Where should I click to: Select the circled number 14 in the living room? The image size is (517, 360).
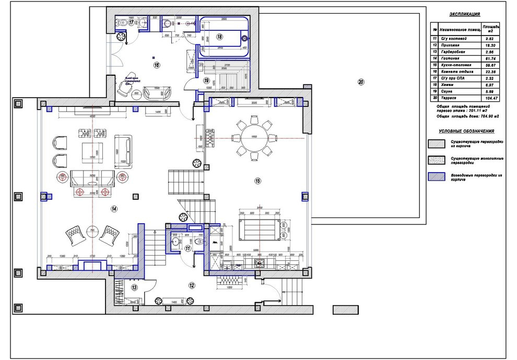pyautogui.click(x=114, y=208)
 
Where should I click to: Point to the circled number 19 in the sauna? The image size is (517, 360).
pyautogui.click(x=206, y=81)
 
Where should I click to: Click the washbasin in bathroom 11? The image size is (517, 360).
pyautogui.click(x=176, y=242)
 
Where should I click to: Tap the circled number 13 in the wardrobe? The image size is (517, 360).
pyautogui.click(x=134, y=287)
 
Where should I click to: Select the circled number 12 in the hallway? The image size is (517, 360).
pyautogui.click(x=192, y=285)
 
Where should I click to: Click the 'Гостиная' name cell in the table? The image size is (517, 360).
pyautogui.click(x=450, y=59)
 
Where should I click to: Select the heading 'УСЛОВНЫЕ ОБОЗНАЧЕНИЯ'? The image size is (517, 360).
pyautogui.click(x=466, y=131)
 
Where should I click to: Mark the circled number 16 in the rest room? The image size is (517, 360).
pyautogui.click(x=156, y=65)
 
